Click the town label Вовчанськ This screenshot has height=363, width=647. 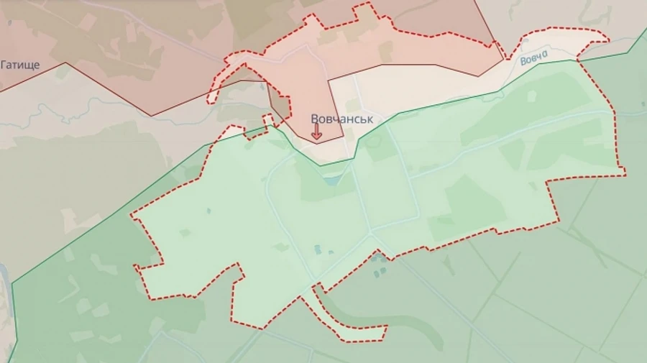pos(341,119)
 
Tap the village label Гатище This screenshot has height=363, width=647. pos(20,65)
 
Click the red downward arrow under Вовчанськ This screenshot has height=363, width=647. pos(316,132)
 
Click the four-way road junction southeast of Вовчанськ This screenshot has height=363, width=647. pos(372,233)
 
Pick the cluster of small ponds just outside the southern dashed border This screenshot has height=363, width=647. pos(379,271)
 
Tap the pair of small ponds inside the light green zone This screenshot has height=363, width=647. pos(317,249)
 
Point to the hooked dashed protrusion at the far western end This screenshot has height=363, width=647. pos(216,86)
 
